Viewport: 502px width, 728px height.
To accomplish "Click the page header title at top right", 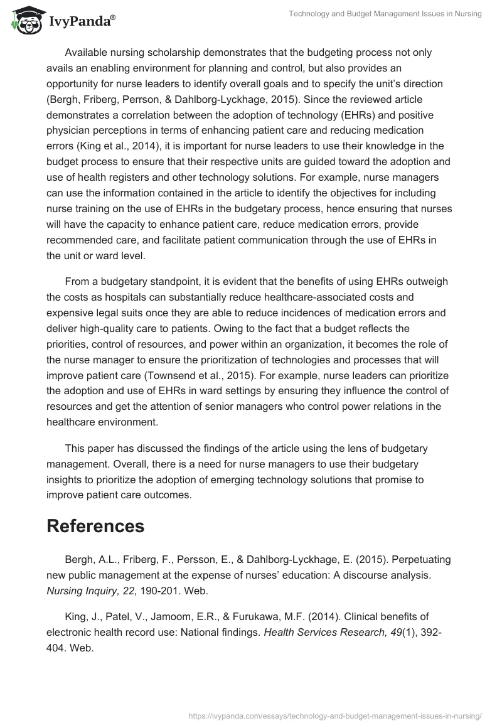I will [385, 14].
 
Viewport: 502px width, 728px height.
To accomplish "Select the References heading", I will [95, 526].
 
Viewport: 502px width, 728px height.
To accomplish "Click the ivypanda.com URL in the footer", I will [334, 715].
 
